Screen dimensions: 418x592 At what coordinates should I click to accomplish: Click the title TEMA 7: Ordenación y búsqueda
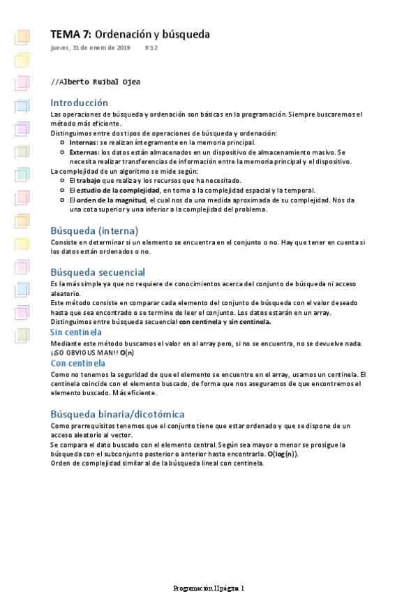[130, 34]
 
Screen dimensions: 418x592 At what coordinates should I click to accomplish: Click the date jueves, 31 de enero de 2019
[90, 48]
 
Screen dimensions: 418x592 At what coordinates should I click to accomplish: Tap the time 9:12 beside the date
[151, 48]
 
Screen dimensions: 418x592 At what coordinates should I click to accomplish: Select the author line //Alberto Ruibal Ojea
[96, 82]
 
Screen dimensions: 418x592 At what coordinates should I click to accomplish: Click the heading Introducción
[80, 103]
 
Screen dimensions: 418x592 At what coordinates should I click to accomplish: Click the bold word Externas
[84, 151]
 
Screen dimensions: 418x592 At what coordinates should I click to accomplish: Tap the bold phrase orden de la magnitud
[110, 200]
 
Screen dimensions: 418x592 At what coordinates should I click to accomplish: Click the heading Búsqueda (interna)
[94, 230]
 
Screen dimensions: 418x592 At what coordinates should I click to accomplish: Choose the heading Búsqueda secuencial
[98, 272]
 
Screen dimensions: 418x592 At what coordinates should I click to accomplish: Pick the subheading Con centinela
[78, 363]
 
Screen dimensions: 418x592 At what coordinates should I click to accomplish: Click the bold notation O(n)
[127, 353]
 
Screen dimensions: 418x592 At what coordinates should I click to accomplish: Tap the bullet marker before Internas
[64, 142]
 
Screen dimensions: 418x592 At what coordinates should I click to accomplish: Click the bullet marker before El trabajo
[64, 180]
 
